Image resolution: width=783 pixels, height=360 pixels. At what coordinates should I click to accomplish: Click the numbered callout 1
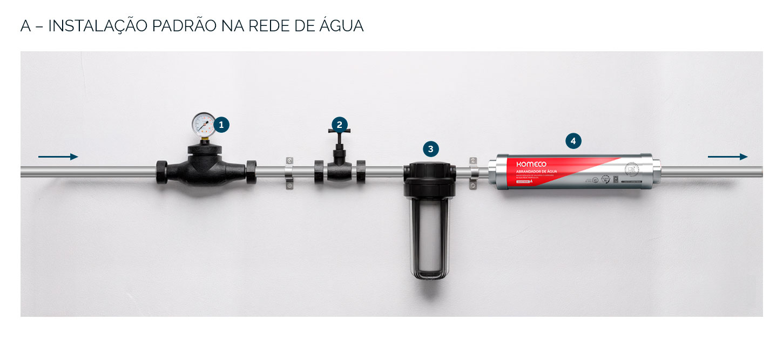coord(221,125)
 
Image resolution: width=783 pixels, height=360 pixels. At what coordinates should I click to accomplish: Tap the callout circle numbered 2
coord(339,125)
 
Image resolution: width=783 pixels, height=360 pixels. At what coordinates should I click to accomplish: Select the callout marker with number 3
coord(430,150)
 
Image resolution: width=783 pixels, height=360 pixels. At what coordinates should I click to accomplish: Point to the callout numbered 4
coord(573,141)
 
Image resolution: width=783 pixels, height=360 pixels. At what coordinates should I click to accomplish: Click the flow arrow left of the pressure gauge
coord(58,157)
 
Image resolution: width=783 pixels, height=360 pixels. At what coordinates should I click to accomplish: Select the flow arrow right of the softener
coord(727,157)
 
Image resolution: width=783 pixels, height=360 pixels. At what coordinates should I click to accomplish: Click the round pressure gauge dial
coord(203,124)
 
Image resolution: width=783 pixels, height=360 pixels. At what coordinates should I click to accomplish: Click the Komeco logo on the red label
coord(531,164)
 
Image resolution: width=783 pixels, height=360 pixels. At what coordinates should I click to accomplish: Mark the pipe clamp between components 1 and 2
coord(289,173)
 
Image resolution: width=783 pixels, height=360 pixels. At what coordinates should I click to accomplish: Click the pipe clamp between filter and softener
coord(474,173)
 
